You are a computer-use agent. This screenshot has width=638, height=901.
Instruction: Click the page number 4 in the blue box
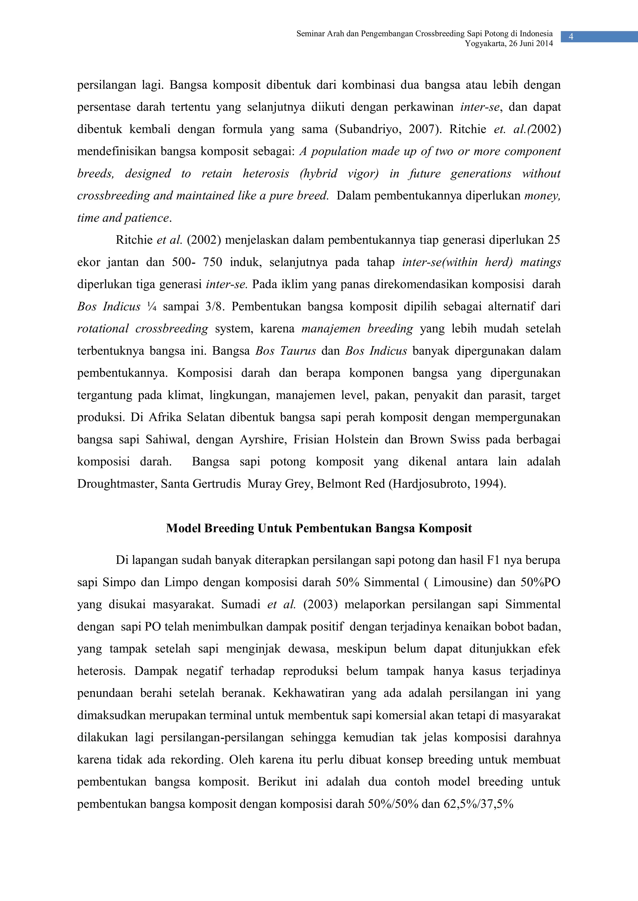coord(571,37)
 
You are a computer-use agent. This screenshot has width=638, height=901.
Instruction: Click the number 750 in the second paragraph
coord(212,262)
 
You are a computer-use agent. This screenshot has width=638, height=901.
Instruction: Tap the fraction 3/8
coord(214,307)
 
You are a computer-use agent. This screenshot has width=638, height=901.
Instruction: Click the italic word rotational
coord(103,328)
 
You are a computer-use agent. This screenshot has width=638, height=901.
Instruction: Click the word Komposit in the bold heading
coord(445,528)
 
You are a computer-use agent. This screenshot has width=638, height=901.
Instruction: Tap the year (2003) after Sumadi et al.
coord(320,604)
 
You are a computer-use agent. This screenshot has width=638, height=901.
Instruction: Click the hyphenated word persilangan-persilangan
coord(222,737)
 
